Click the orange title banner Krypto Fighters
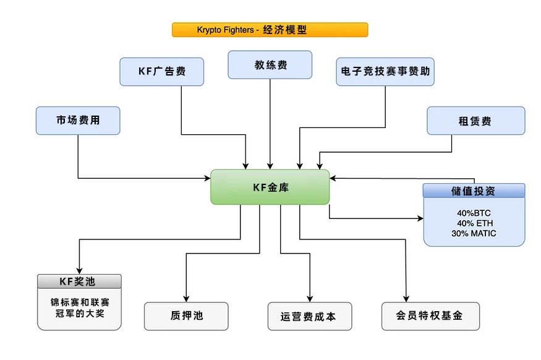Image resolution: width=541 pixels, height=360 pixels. (x=270, y=30)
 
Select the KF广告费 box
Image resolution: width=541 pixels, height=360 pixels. (x=161, y=71)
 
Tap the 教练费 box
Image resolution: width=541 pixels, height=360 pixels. (x=270, y=65)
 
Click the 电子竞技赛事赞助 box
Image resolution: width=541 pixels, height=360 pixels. (x=385, y=71)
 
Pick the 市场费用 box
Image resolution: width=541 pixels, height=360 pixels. (x=78, y=121)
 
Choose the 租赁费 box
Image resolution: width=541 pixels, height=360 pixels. (x=475, y=121)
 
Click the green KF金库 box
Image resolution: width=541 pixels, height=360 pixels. (x=270, y=187)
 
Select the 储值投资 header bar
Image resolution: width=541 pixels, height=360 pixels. (x=474, y=191)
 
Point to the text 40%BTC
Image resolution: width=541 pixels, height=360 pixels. (x=474, y=213)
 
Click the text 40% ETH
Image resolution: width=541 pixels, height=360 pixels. (x=474, y=223)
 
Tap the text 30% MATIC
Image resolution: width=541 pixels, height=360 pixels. (x=474, y=233)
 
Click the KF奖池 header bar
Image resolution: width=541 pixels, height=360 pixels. (x=79, y=281)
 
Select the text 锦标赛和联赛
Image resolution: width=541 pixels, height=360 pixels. (x=79, y=303)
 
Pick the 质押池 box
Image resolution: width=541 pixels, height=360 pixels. (x=186, y=316)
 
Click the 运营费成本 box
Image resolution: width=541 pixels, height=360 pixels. (x=310, y=316)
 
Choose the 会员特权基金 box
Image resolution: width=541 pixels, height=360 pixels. (x=430, y=315)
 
